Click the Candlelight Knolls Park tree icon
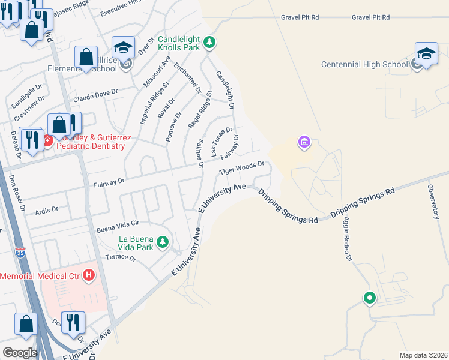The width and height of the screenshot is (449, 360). [209, 42]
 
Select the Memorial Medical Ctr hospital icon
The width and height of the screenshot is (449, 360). [89, 275]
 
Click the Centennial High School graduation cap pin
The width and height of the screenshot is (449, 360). [426, 53]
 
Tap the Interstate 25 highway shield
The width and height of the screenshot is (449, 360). [20, 253]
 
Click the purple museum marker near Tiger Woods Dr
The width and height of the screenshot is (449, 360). [304, 142]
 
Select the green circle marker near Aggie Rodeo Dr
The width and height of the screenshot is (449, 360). [369, 298]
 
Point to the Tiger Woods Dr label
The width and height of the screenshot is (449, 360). [242, 167]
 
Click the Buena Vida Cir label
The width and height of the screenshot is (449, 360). [118, 226]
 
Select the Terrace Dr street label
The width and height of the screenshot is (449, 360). [121, 257]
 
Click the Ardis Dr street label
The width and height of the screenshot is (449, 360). [47, 209]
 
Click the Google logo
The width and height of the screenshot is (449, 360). [20, 353]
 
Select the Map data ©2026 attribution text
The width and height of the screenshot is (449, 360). [423, 355]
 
